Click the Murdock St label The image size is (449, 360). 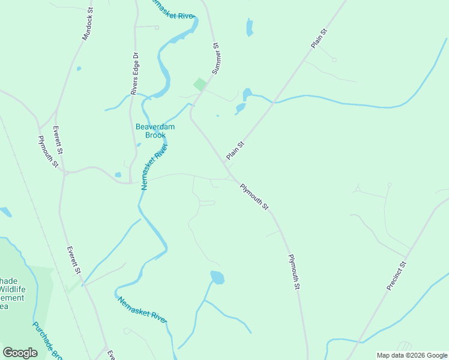(x=88, y=24)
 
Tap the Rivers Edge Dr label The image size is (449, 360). (x=134, y=73)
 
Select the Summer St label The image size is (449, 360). (x=215, y=58)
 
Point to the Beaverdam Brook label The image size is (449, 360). (x=155, y=131)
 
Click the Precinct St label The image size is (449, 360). (x=397, y=276)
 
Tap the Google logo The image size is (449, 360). (x=20, y=352)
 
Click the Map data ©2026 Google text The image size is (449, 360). (x=412, y=355)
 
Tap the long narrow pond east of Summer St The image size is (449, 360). (x=249, y=27)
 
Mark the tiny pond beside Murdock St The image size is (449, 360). (x=79, y=68)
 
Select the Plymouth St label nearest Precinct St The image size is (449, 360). (x=294, y=272)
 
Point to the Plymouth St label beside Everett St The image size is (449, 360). (x=47, y=152)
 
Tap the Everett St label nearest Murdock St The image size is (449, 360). (x=58, y=140)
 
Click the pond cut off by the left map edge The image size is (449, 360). (x=5, y=212)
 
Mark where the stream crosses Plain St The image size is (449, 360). (x=273, y=102)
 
